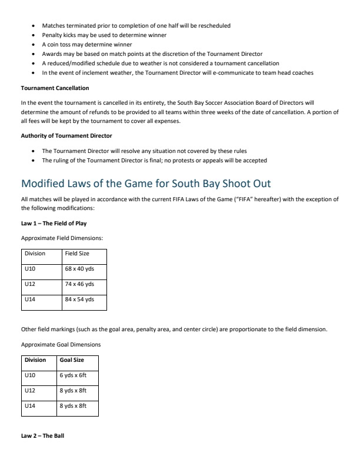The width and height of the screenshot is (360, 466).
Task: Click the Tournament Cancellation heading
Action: pos(55,88)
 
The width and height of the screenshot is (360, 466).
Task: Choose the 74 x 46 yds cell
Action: pos(79,284)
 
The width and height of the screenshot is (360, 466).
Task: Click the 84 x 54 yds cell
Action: pos(79,299)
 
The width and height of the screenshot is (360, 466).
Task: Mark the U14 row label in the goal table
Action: pos(31,406)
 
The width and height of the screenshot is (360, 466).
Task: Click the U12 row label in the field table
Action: pos(31,284)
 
